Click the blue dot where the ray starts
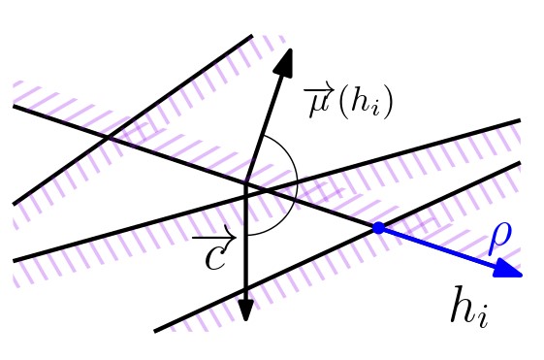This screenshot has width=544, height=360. (378, 228)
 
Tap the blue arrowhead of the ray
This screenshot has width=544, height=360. (509, 269)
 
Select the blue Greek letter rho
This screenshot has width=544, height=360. (500, 239)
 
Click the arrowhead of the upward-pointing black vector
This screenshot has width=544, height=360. (284, 61)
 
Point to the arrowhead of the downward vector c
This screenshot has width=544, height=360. (245, 309)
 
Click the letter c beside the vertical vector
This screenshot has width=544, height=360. (215, 257)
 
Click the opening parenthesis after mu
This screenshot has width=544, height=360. (343, 102)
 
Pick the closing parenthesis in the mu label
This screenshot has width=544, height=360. (388, 102)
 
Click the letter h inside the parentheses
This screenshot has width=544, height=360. (360, 101)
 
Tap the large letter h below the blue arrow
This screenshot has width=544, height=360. (464, 305)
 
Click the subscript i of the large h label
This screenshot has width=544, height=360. (483, 317)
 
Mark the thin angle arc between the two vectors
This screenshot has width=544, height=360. (298, 183)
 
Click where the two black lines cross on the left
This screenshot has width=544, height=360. (108, 138)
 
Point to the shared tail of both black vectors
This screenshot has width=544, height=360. (245, 183)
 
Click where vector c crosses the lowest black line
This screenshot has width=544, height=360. (245, 288)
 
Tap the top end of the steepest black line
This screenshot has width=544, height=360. (252, 35)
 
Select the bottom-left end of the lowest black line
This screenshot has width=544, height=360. (155, 331)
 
